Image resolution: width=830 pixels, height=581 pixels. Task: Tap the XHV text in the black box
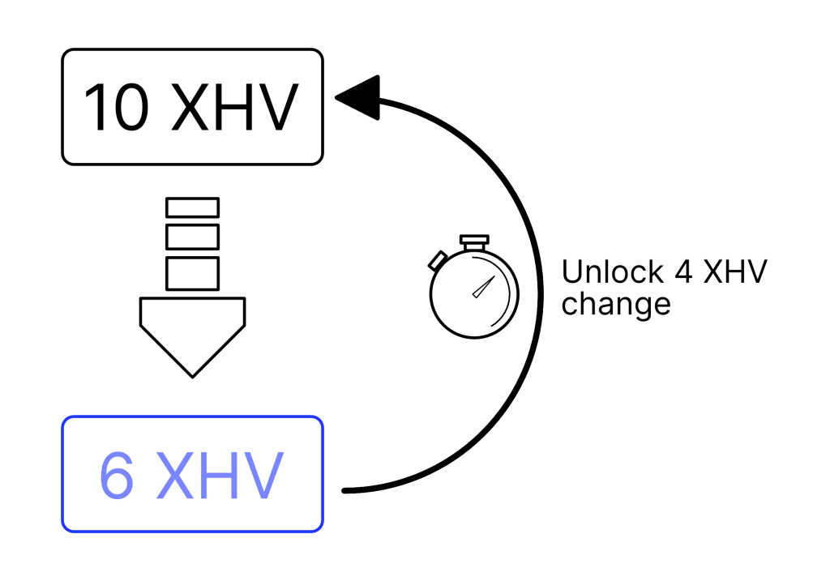(x=235, y=108)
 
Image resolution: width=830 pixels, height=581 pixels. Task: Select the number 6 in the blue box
(x=116, y=475)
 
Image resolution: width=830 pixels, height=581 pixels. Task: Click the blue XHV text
(x=220, y=475)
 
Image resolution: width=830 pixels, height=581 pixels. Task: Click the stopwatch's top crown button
(x=474, y=241)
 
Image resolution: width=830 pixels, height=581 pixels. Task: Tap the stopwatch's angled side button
(x=437, y=261)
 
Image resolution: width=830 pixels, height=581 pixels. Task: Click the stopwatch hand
(x=483, y=288)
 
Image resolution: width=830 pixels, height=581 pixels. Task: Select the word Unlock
(x=613, y=272)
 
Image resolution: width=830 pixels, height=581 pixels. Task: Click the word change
(x=616, y=305)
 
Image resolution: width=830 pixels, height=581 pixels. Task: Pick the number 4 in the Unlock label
(x=683, y=272)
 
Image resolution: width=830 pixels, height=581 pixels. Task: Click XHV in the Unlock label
(x=735, y=272)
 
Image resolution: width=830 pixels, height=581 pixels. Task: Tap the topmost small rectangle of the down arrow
(x=193, y=207)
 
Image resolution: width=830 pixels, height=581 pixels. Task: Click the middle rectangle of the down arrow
(x=193, y=237)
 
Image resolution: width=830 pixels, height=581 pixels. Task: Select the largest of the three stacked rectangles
(x=193, y=274)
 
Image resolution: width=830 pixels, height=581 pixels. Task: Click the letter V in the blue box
(x=263, y=475)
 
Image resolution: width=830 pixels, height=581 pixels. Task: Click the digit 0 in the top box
(x=131, y=108)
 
